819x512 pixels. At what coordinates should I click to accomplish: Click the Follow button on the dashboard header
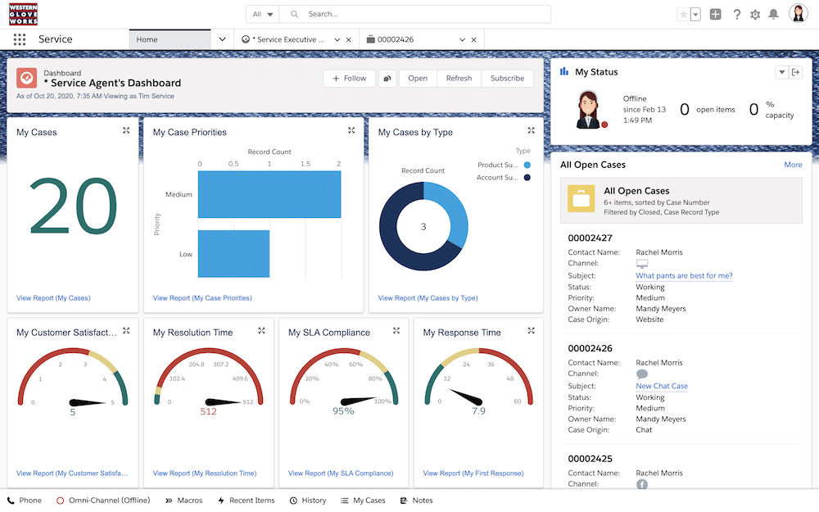click(x=349, y=79)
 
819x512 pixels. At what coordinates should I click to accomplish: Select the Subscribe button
click(x=507, y=79)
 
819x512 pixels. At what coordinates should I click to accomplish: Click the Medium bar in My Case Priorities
click(x=269, y=195)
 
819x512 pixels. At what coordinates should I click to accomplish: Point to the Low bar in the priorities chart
click(x=233, y=254)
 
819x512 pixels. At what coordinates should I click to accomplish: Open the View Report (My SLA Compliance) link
click(x=341, y=473)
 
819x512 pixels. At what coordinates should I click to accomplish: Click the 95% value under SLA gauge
click(x=343, y=411)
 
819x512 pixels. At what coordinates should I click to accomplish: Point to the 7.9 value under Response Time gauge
click(x=478, y=411)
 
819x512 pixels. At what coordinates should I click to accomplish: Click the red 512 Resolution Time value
click(x=208, y=411)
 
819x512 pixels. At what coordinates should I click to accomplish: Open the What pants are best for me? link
click(x=684, y=276)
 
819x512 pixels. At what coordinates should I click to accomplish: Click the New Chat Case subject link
click(x=662, y=387)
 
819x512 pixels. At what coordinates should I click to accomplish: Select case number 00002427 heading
click(x=590, y=238)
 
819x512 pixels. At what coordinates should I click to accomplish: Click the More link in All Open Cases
click(x=793, y=165)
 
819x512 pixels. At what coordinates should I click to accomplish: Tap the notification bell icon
click(x=773, y=15)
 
